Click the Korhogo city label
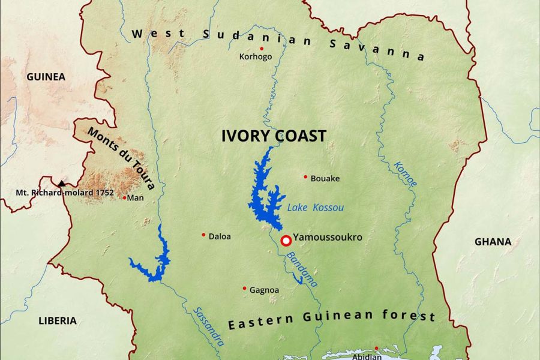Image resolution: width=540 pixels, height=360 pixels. tap(256, 57)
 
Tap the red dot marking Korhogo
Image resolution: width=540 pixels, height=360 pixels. tap(262, 48)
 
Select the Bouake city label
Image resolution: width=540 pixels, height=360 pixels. tap(325, 178)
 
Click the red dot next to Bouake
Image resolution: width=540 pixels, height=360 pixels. tap(305, 177)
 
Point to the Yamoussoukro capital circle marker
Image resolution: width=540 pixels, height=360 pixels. tap(286, 241)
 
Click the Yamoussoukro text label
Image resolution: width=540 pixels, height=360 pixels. tap(328, 238)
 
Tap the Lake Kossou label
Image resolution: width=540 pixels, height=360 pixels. tap(316, 208)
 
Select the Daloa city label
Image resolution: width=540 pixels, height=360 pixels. tap(220, 236)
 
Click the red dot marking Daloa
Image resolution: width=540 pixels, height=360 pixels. tap(203, 235)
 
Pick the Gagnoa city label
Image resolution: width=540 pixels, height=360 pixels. tap(264, 290)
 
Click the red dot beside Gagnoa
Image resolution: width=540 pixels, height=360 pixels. tap(244, 288)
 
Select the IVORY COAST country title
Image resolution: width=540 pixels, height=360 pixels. tap(274, 136)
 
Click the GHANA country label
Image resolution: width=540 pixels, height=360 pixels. tap(493, 242)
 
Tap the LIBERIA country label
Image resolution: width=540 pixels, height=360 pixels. tap(58, 320)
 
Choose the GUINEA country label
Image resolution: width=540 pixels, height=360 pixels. tap(46, 77)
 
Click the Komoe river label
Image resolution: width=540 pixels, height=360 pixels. tap(406, 174)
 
